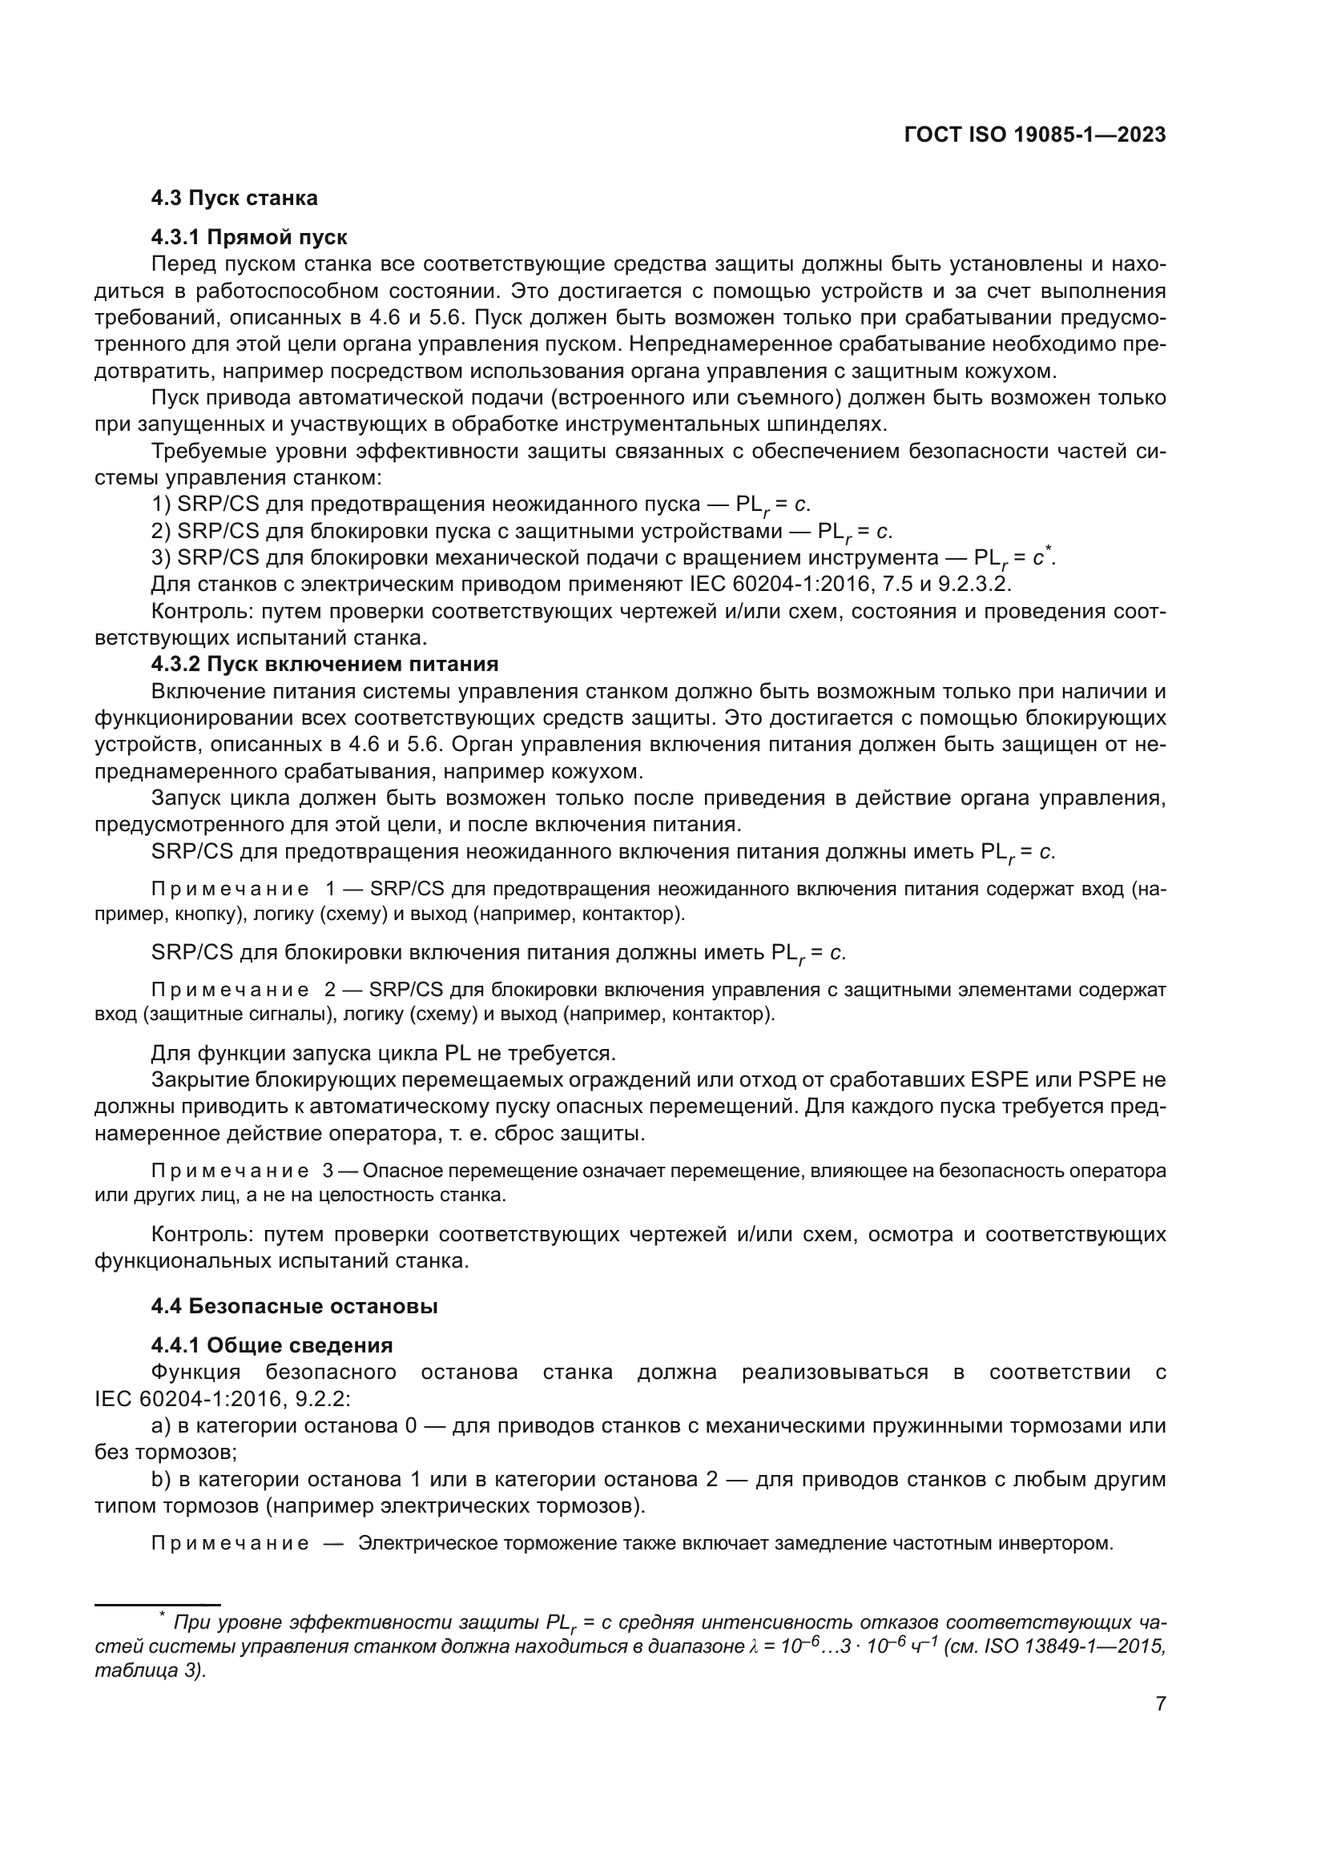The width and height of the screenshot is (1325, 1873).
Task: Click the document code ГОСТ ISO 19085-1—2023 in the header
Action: pos(1034,135)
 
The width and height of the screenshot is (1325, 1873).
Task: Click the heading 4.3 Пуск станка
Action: pos(234,199)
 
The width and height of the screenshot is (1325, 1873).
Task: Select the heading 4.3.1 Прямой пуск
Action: pos(249,237)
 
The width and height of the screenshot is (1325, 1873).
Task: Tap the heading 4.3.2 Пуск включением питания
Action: pos(324,663)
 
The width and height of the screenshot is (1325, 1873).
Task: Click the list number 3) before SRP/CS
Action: pos(161,558)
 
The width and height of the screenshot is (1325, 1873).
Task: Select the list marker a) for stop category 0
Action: pos(161,1425)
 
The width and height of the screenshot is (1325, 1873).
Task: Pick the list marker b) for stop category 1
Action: pos(161,1479)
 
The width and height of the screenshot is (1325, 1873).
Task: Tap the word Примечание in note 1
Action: pos(230,888)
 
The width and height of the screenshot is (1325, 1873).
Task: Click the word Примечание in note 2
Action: pos(230,990)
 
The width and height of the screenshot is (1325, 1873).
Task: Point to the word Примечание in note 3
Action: pos(230,1171)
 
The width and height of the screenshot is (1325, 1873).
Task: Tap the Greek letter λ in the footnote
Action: pos(753,1647)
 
